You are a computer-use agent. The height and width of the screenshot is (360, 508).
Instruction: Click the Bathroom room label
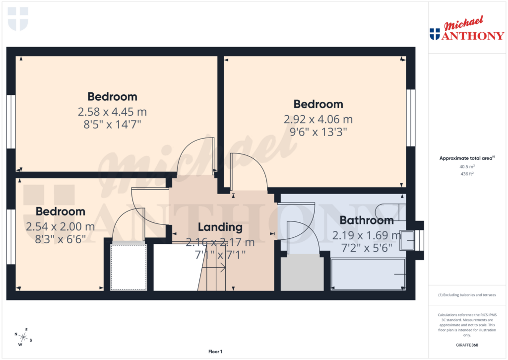(x=366, y=220)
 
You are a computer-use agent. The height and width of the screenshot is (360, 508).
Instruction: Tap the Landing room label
(x=220, y=227)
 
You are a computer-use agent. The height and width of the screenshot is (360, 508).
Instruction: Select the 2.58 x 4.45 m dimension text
(x=112, y=112)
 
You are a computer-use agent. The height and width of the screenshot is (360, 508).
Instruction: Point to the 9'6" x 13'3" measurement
(x=318, y=132)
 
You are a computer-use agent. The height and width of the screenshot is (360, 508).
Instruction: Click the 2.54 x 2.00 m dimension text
(x=60, y=227)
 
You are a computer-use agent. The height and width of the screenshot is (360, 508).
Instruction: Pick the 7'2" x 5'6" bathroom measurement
(x=366, y=247)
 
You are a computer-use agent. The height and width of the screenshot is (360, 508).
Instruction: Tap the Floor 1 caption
(x=215, y=352)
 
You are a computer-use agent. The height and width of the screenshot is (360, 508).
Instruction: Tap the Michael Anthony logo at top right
(x=466, y=30)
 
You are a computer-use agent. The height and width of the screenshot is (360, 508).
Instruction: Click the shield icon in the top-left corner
(x=18, y=18)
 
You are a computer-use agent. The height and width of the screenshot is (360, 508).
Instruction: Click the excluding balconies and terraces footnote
(x=467, y=295)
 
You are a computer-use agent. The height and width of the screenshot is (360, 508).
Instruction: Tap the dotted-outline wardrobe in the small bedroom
(x=128, y=267)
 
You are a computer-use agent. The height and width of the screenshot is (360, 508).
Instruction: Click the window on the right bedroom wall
(x=410, y=118)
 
